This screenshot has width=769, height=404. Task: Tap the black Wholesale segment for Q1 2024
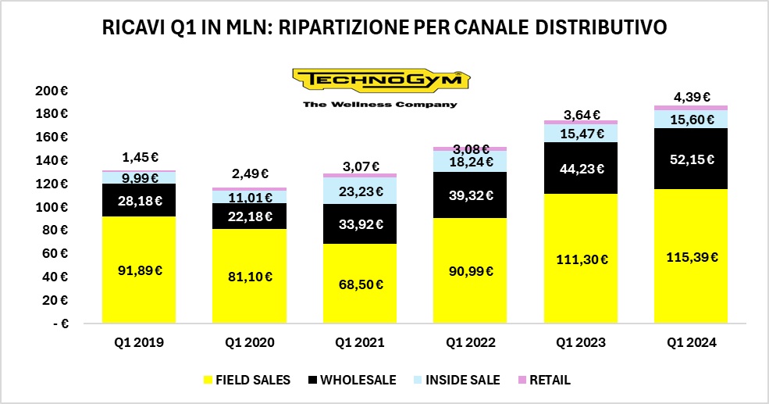[691, 159]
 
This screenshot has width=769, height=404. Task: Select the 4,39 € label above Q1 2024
[691, 98]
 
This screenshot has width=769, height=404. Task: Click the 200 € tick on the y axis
[52, 91]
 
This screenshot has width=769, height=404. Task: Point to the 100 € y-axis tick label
[52, 207]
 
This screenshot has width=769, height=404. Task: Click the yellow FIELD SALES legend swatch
[208, 380]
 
